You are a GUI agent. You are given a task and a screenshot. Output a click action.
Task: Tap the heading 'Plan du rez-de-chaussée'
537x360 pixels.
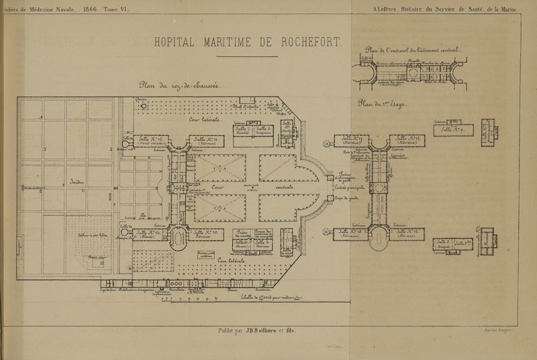click(x=185, y=85)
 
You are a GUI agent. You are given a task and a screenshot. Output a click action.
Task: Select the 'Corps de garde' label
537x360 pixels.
click(x=348, y=198)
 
